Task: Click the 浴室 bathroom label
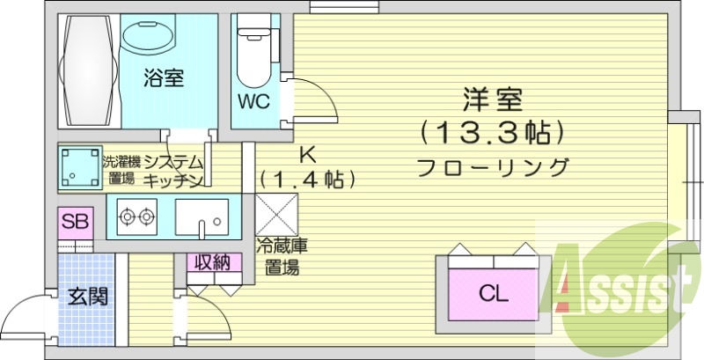click(x=165, y=78)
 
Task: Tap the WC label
click(x=253, y=99)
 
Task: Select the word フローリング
click(x=493, y=166)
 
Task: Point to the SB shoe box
click(x=75, y=221)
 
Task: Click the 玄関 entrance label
click(x=87, y=296)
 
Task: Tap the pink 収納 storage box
click(x=212, y=261)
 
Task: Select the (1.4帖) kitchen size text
click(x=307, y=180)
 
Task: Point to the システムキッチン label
click(x=174, y=171)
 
